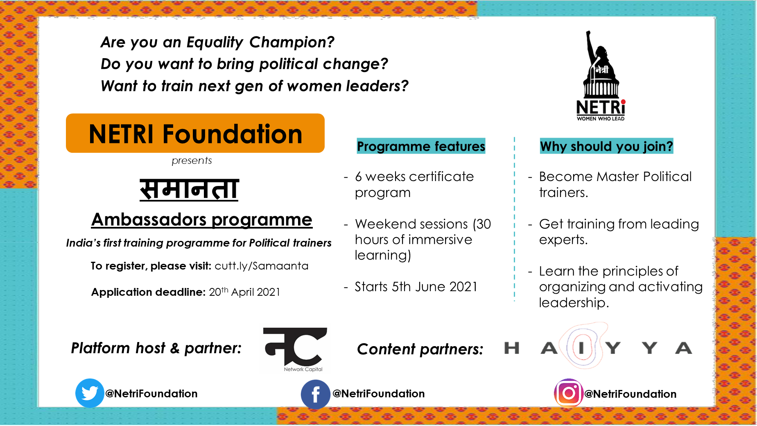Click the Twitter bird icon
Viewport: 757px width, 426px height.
90,393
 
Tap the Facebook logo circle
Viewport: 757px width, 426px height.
316,394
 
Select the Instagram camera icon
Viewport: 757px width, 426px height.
569,393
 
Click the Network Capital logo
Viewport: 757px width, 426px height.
295,349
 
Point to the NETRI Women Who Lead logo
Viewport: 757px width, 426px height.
601,76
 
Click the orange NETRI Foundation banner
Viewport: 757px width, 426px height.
195,133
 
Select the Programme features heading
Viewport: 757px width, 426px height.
421,146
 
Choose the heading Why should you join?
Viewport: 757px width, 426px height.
606,146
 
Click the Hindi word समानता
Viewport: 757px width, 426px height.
189,189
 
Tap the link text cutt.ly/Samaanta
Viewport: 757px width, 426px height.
262,266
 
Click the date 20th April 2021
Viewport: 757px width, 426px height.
244,292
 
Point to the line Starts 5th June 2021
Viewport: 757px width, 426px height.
416,287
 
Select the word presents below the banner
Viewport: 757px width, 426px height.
192,161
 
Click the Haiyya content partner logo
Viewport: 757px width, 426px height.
598,347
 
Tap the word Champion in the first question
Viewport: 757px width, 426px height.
292,42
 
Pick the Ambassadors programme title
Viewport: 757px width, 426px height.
202,220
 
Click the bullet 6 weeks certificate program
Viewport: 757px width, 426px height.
414,184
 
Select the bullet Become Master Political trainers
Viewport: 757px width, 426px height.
615,184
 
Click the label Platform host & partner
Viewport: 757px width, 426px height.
156,348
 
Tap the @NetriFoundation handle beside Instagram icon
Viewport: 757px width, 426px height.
630,394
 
